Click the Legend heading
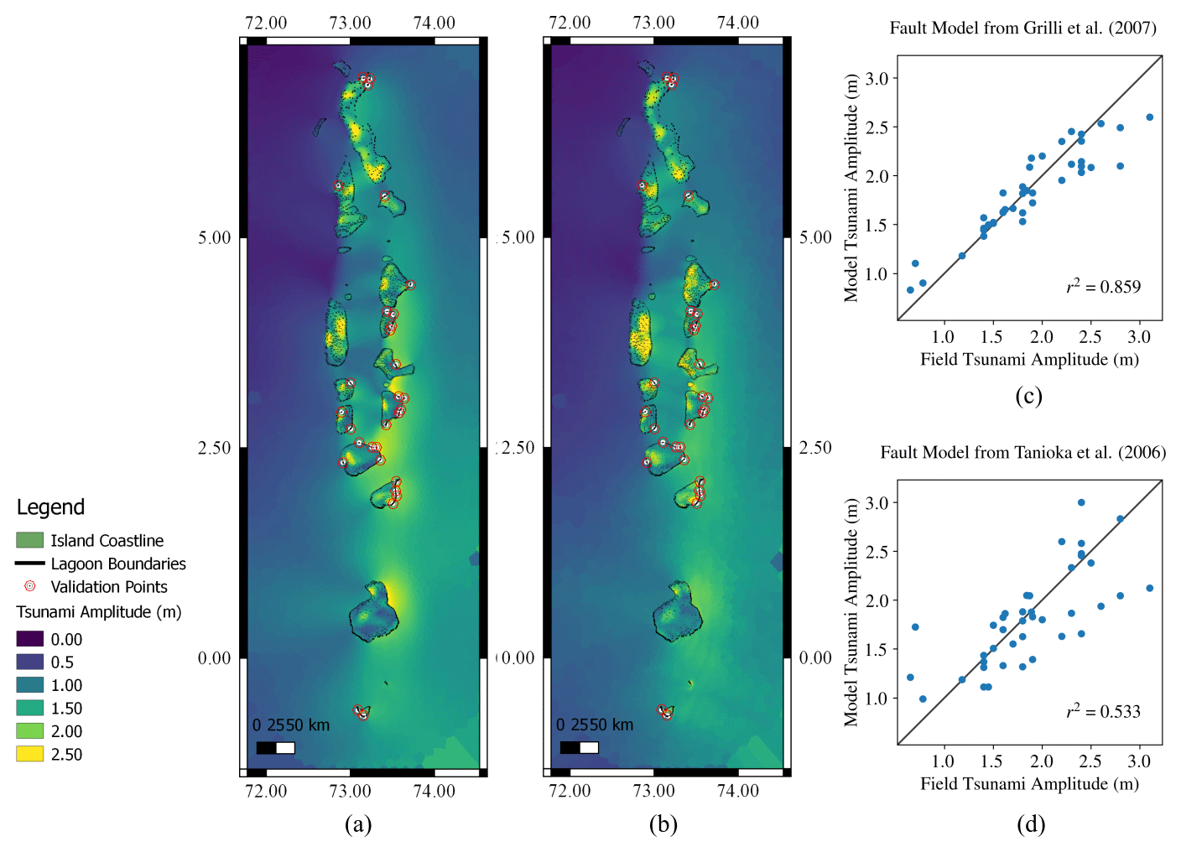50,507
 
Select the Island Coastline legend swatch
29,540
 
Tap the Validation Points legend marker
30,586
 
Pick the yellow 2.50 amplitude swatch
29,754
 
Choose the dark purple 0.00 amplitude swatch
29,639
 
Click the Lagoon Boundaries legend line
29,564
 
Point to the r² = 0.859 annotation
1103,287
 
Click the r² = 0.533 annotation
1103,712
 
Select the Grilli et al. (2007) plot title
1022,29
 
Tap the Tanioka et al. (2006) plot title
1022,453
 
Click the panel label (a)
358,824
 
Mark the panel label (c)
1028,395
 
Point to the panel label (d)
1031,824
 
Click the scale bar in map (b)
579,747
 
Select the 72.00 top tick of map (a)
266,23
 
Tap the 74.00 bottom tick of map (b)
738,791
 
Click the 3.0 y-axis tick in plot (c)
877,79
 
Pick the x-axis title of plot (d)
1029,784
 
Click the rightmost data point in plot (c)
1149,117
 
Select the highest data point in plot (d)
1081,502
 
